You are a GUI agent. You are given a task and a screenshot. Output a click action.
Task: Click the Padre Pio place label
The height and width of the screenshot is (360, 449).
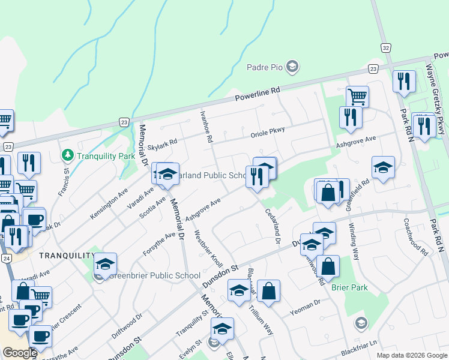(265, 67)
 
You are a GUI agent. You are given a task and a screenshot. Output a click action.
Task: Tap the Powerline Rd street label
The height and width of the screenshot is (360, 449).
(258, 94)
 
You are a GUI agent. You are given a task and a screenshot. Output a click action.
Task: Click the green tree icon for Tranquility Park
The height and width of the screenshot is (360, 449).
(67, 156)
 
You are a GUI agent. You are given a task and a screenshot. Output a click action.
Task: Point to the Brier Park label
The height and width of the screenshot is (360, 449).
(349, 287)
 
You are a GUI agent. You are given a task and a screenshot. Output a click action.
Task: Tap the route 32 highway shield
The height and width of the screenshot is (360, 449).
(386, 47)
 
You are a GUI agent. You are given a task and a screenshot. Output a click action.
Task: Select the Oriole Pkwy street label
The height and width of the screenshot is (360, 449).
(268, 132)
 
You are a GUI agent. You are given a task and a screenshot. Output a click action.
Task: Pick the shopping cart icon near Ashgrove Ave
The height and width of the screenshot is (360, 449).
(357, 96)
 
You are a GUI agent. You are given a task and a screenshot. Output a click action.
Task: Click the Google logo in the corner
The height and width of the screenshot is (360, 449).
(20, 353)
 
